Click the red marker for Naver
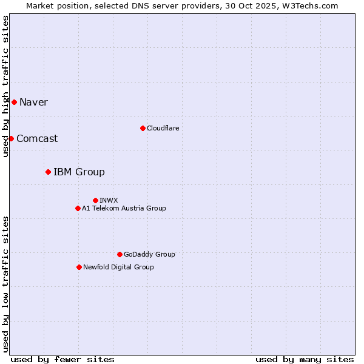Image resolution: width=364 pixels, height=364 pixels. click(14, 102)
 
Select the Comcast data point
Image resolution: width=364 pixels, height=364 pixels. click(11, 138)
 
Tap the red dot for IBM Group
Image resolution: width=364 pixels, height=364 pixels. click(48, 172)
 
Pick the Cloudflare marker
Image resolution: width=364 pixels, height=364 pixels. click(143, 128)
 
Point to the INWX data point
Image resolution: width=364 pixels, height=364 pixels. click(95, 200)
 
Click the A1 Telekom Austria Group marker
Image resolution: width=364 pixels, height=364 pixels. click(78, 208)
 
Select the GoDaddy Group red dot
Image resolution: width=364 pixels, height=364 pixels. click(120, 254)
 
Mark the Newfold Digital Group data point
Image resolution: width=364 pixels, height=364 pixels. click(79, 267)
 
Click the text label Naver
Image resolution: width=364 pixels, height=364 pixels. click(33, 102)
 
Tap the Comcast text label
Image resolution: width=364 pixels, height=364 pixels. click(37, 138)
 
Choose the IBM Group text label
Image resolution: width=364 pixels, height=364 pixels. click(79, 172)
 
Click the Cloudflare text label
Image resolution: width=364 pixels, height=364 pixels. click(163, 128)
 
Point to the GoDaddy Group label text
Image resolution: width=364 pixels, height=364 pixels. click(149, 254)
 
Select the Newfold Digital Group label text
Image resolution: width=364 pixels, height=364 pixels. click(118, 267)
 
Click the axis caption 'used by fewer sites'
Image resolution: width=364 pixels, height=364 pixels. click(62, 359)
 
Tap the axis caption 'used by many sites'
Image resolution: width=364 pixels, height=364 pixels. click(305, 359)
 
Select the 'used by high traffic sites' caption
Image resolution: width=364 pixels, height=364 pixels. click(5, 86)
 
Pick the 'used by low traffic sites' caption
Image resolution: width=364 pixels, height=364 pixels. click(5, 284)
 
